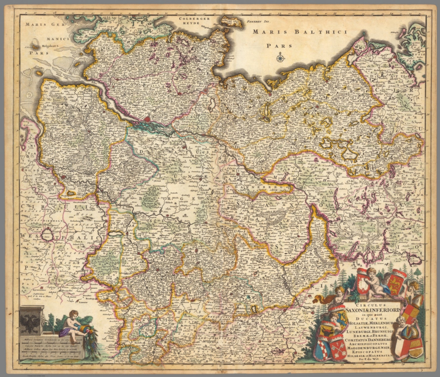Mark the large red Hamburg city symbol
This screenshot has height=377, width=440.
pos(147,119)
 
